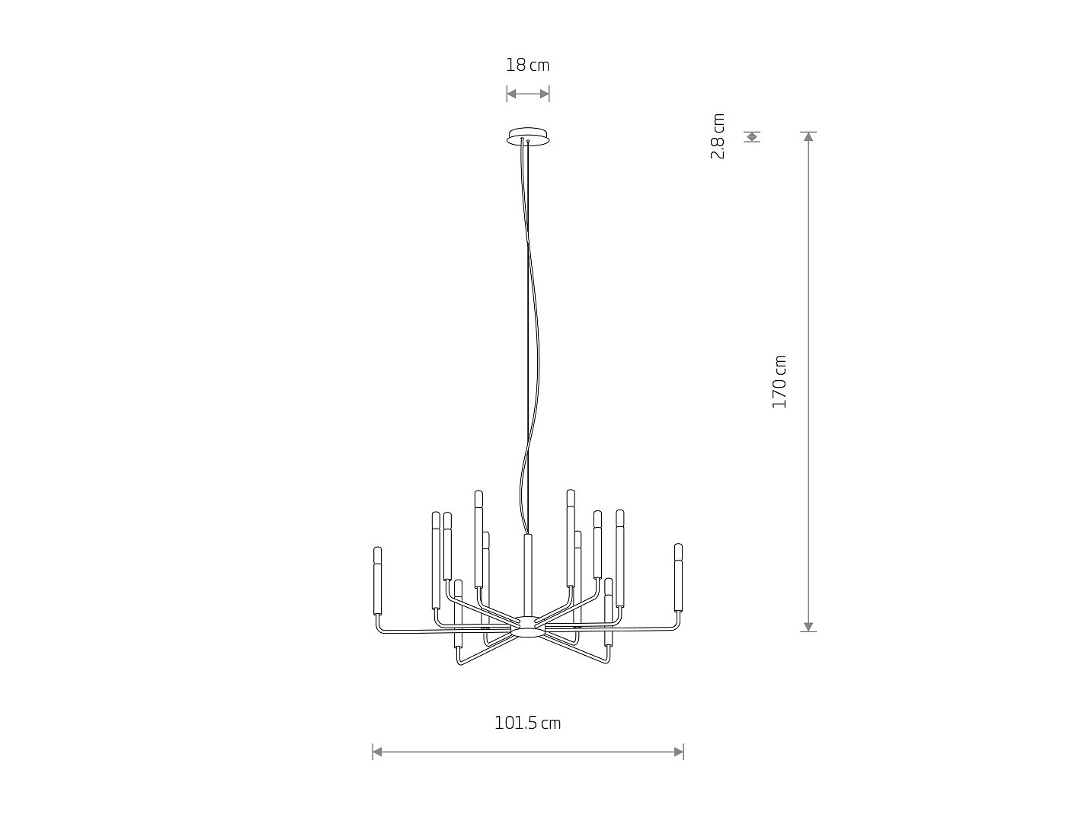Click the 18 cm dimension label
pyautogui.click(x=527, y=65)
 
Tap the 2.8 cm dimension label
pyautogui.click(x=718, y=136)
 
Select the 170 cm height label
pyautogui.click(x=779, y=382)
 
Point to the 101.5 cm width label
pyautogui.click(x=527, y=723)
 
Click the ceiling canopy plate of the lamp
pyautogui.click(x=528, y=136)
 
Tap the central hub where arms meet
pyautogui.click(x=528, y=627)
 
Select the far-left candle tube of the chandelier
pyautogui.click(x=377, y=580)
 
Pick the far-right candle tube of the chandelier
pyautogui.click(x=678, y=577)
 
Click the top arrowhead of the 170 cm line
pyautogui.click(x=808, y=136)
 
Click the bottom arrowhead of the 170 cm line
pyautogui.click(x=808, y=627)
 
